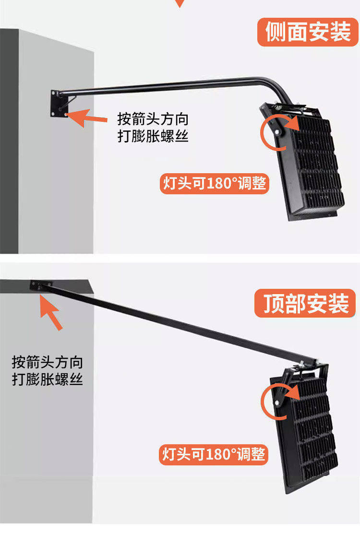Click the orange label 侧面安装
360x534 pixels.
308,32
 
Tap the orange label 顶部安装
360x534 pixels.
305,303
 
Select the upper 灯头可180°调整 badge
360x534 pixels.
214,184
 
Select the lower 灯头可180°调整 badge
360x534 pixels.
214,454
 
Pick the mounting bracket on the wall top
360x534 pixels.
41,285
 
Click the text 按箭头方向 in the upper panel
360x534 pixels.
153,119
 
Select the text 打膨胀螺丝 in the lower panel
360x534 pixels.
48,379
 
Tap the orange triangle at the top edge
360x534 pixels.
180,3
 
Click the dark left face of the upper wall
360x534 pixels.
9,141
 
